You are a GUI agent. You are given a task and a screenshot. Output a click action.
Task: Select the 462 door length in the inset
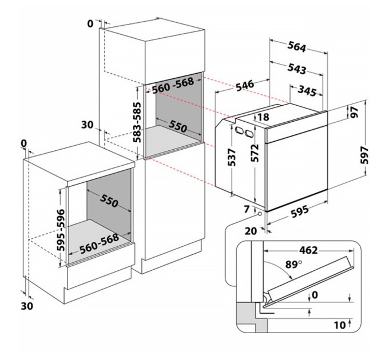[x=307, y=250]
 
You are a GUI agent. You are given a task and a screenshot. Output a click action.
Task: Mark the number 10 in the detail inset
[x=339, y=325]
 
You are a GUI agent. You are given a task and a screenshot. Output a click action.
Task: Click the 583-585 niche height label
[x=137, y=121]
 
